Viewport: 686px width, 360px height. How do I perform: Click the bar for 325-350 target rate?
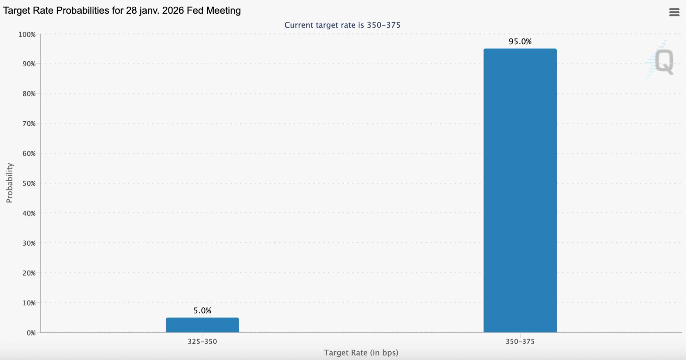(x=202, y=325)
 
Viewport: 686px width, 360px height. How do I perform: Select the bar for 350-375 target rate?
(x=520, y=190)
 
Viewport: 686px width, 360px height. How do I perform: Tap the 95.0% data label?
(x=520, y=42)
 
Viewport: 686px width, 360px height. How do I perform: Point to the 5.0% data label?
(x=202, y=311)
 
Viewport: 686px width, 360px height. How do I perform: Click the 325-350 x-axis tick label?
(x=202, y=342)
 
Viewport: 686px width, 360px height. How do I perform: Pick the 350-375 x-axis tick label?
(x=520, y=342)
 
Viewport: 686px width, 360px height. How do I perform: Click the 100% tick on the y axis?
(x=27, y=35)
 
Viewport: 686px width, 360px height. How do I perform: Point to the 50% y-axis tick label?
(x=29, y=183)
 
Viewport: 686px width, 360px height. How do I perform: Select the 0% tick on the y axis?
(x=31, y=333)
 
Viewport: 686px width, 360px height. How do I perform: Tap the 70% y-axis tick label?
(x=29, y=124)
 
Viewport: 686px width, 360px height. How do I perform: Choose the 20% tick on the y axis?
(x=29, y=273)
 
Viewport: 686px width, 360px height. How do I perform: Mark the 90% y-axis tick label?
(x=29, y=64)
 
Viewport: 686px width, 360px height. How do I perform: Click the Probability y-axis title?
(x=9, y=183)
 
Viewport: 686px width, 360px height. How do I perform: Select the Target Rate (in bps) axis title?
(x=361, y=353)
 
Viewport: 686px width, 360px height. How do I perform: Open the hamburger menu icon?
(x=674, y=12)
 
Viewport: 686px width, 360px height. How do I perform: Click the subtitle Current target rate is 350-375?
(x=342, y=25)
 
